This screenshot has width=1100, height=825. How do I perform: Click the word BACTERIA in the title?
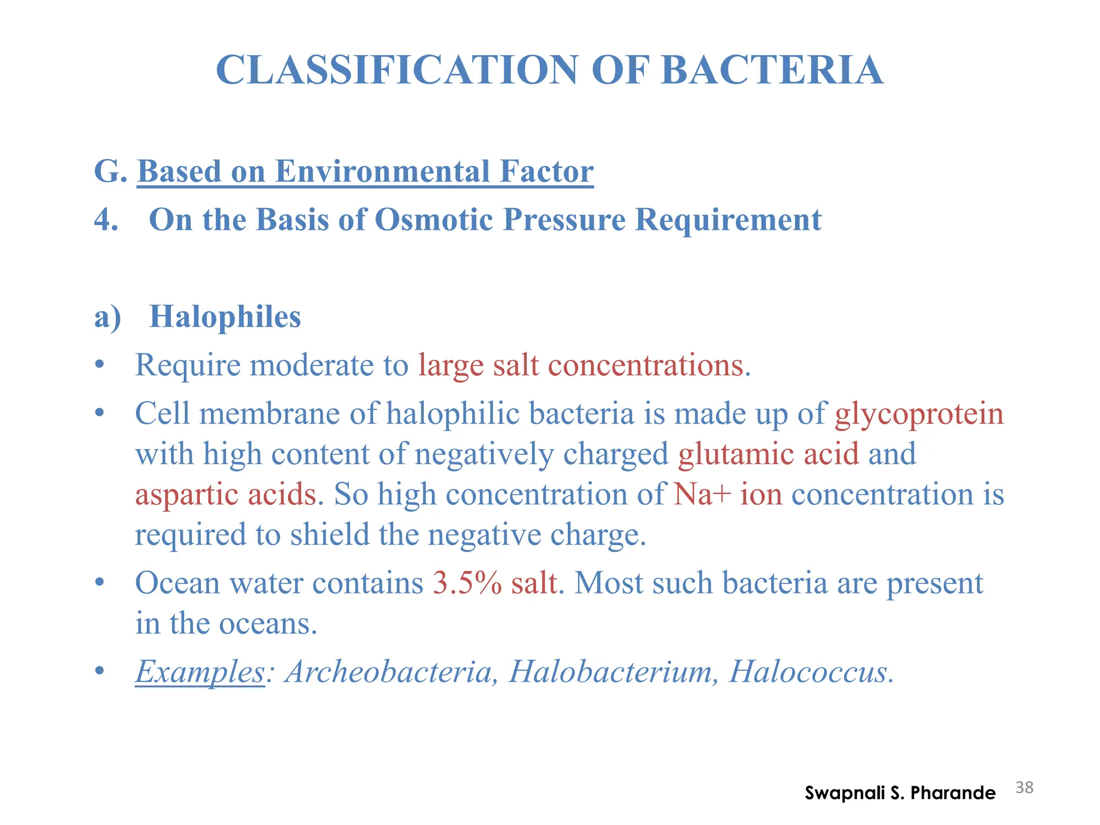(x=772, y=70)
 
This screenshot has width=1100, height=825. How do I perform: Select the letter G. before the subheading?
(x=110, y=171)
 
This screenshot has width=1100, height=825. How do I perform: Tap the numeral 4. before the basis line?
(x=106, y=220)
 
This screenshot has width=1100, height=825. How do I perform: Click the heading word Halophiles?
(x=225, y=316)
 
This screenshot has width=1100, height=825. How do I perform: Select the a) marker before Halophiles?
(x=107, y=317)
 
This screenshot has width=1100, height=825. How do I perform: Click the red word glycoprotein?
(x=919, y=414)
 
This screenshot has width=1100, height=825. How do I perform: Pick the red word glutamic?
(x=735, y=454)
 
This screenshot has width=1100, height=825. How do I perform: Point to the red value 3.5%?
(x=467, y=583)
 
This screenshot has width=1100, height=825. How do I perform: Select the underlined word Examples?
(x=200, y=672)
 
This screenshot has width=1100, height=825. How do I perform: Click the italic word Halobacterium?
(x=610, y=671)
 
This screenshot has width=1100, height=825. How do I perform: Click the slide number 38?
(x=1024, y=787)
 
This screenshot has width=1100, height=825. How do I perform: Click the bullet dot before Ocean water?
(x=99, y=583)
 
